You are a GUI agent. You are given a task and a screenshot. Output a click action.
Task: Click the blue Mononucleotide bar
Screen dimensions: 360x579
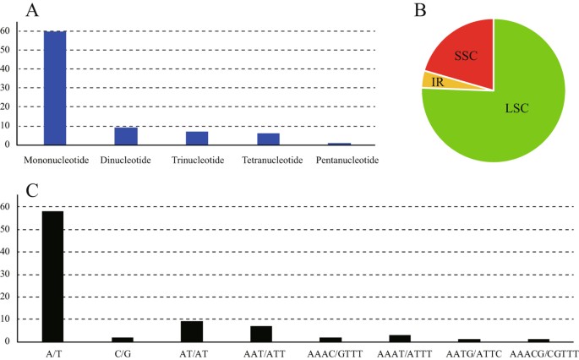click(55, 88)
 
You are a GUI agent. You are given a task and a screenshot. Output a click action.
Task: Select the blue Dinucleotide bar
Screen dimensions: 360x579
click(126, 136)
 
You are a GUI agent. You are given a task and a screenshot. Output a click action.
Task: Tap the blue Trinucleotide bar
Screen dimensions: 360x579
click(197, 138)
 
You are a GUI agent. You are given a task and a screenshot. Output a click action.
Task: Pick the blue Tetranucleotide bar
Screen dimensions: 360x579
click(268, 139)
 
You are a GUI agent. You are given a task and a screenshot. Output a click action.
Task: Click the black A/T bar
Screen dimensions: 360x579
click(52, 276)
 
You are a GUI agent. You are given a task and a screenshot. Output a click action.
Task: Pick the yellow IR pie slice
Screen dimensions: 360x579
click(434, 81)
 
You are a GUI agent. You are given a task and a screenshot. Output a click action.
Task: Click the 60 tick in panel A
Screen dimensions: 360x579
click(8, 32)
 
